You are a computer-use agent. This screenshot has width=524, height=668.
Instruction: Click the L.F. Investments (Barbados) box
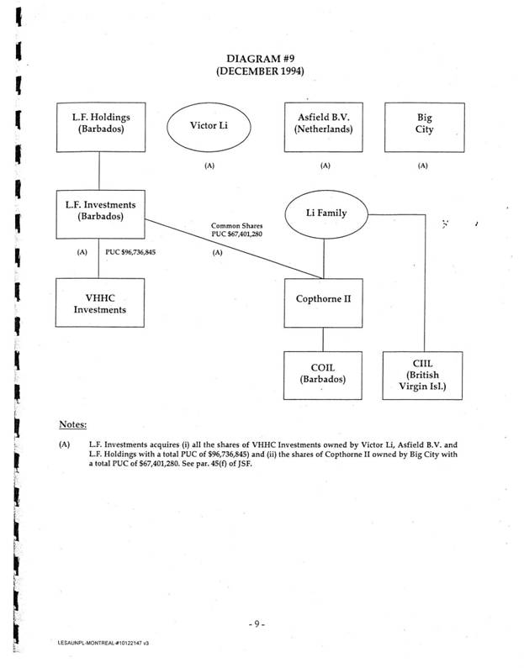(100, 212)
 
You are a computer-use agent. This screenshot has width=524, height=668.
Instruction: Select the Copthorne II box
(324, 298)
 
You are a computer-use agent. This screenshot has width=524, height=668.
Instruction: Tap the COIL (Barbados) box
(324, 373)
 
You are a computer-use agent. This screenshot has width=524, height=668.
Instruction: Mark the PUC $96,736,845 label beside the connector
(130, 251)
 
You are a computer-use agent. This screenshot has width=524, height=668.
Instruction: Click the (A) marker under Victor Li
(209, 166)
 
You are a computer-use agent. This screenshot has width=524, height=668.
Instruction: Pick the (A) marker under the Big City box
(423, 166)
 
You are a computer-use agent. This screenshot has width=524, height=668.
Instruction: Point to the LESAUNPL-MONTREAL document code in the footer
(99, 643)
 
